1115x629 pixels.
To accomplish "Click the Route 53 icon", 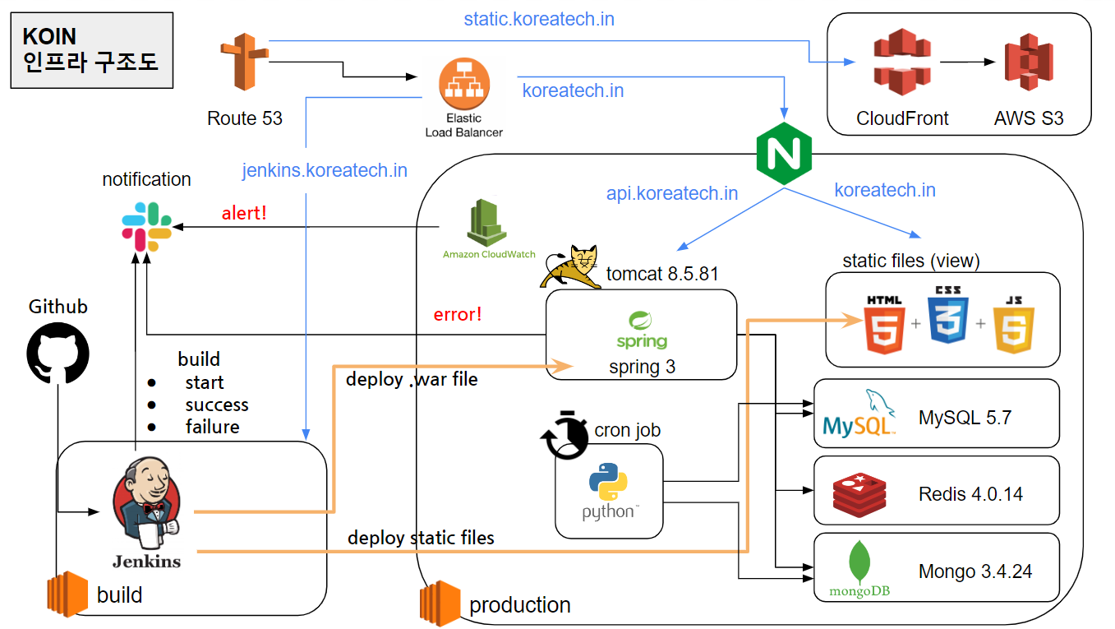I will click(x=244, y=62).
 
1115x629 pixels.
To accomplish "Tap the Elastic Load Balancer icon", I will click(x=464, y=85).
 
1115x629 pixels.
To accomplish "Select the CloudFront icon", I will click(x=902, y=62).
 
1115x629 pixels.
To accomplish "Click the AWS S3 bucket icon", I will click(x=1029, y=62).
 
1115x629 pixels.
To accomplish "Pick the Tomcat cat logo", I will click(x=572, y=266).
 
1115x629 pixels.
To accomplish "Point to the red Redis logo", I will click(x=859, y=493).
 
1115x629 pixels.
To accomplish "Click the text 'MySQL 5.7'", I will click(x=965, y=417).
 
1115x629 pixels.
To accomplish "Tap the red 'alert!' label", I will click(x=244, y=213).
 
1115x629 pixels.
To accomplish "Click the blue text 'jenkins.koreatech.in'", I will click(x=325, y=170).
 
